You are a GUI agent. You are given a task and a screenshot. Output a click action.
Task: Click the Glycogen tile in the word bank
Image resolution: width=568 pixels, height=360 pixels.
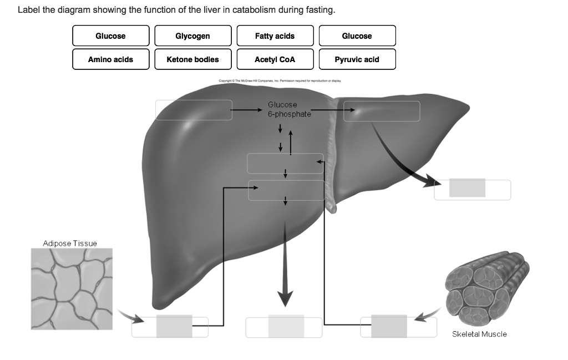(192, 36)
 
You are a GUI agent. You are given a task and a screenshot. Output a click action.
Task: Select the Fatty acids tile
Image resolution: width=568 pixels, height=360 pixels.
(275, 36)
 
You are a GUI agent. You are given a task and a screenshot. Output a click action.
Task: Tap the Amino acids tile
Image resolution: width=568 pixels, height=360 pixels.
(110, 59)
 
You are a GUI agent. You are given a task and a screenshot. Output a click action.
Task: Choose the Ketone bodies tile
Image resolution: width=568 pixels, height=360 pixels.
(192, 59)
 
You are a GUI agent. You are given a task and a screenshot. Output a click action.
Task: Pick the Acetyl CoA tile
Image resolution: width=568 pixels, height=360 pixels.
(275, 59)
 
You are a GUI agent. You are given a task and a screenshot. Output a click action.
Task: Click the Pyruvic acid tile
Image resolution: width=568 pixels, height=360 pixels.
(357, 59)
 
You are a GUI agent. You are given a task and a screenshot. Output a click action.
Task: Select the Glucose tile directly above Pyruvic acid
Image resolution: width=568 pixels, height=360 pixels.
(357, 36)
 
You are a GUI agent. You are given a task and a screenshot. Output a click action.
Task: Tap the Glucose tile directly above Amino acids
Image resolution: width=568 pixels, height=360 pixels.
(110, 36)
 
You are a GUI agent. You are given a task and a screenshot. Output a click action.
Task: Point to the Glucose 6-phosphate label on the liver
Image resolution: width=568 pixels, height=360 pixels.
(283, 109)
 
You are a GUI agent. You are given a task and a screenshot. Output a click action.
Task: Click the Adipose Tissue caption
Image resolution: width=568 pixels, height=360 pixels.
(70, 244)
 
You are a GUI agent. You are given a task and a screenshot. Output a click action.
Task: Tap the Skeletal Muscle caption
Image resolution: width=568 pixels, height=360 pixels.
(479, 334)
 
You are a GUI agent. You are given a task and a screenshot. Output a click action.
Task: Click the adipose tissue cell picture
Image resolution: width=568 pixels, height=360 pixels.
(72, 288)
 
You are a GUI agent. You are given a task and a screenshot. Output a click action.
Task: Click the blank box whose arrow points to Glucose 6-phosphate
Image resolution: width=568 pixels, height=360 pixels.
(194, 110)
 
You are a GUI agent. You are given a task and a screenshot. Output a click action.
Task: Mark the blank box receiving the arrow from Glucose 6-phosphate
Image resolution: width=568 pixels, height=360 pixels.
(382, 111)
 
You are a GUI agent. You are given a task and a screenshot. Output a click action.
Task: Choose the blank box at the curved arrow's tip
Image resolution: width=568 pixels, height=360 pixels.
(472, 190)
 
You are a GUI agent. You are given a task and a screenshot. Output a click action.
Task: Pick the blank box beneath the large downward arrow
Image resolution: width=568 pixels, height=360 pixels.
(284, 327)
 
